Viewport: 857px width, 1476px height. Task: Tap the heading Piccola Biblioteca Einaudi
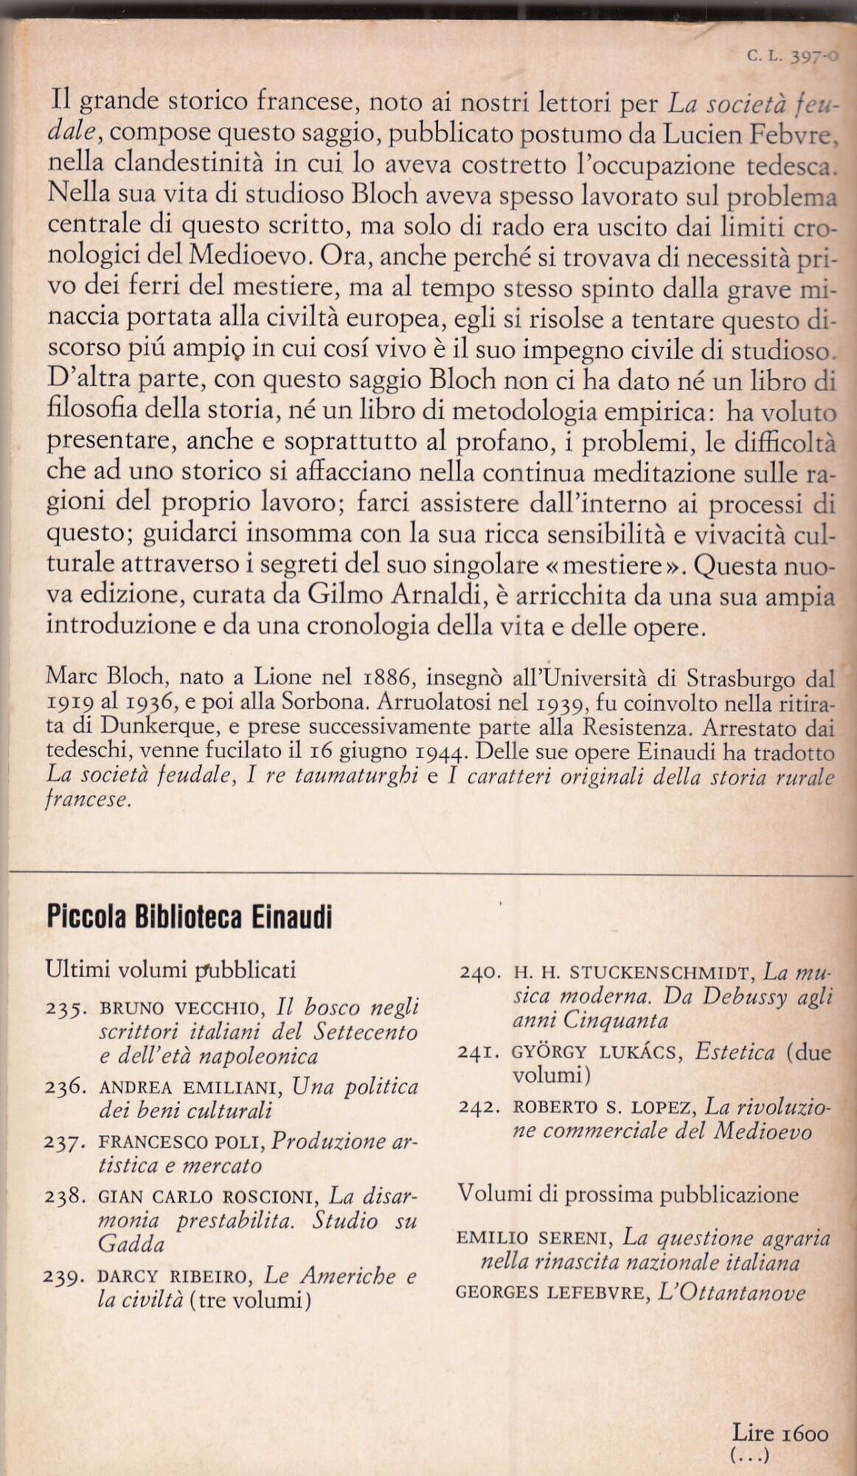click(189, 917)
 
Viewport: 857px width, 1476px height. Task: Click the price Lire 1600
click(780, 1433)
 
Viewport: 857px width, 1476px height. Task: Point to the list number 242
click(482, 1108)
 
